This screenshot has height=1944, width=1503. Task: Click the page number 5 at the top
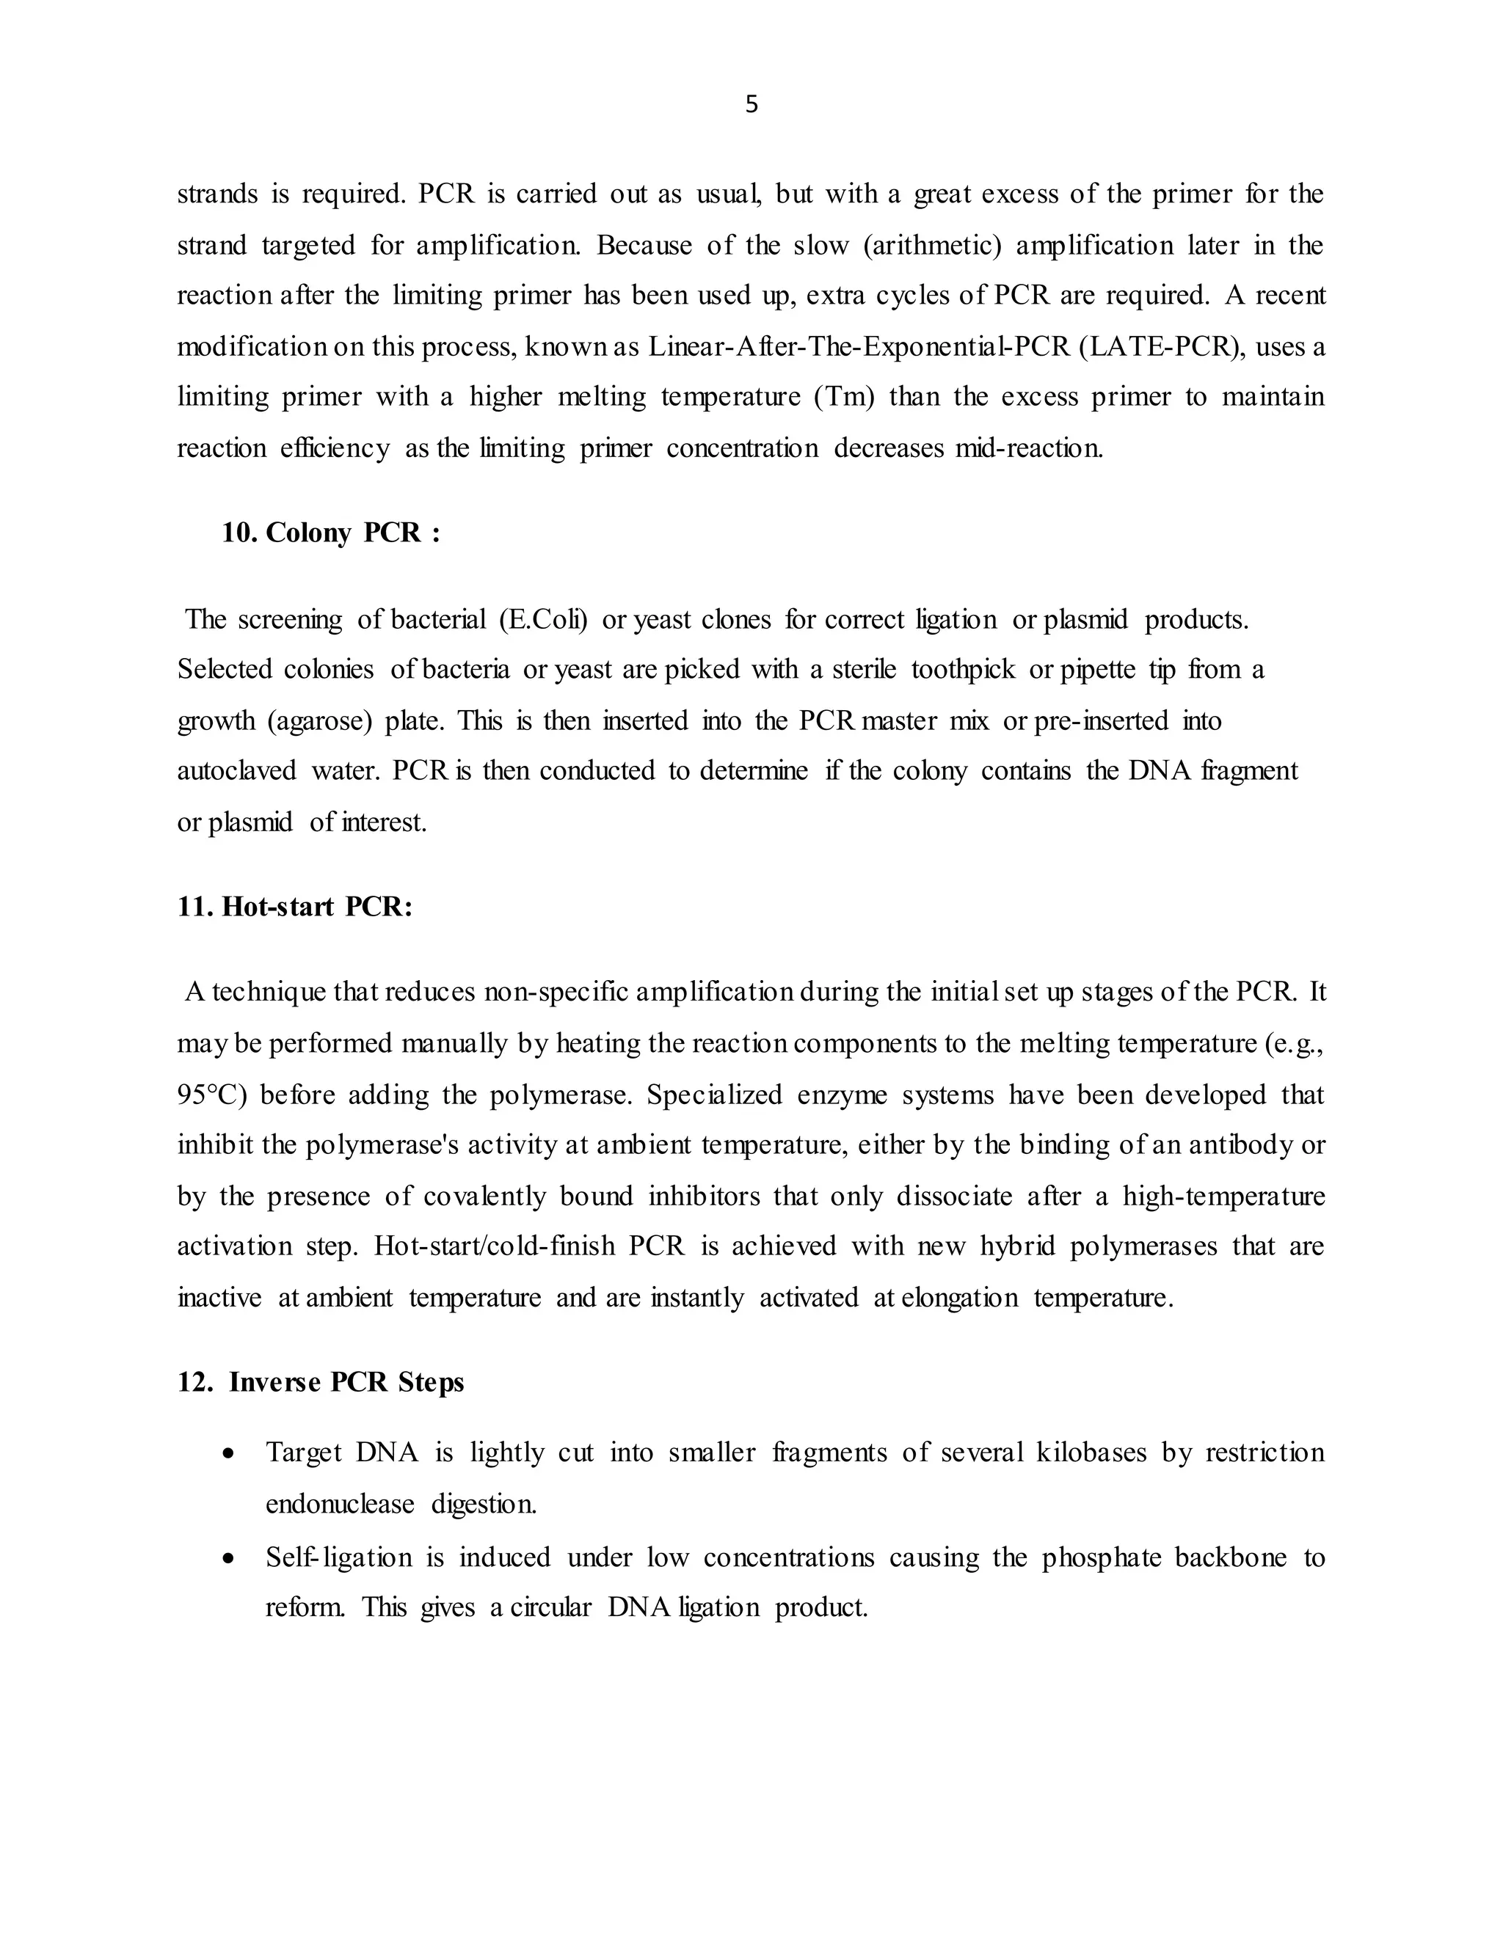(751, 105)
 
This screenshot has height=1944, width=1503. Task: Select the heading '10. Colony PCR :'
(331, 533)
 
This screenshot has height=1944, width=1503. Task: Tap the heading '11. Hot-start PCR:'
(295, 906)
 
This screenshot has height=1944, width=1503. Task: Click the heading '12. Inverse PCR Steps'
(321, 1381)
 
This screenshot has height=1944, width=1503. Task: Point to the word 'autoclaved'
(237, 771)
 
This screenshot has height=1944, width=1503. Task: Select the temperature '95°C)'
(212, 1094)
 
